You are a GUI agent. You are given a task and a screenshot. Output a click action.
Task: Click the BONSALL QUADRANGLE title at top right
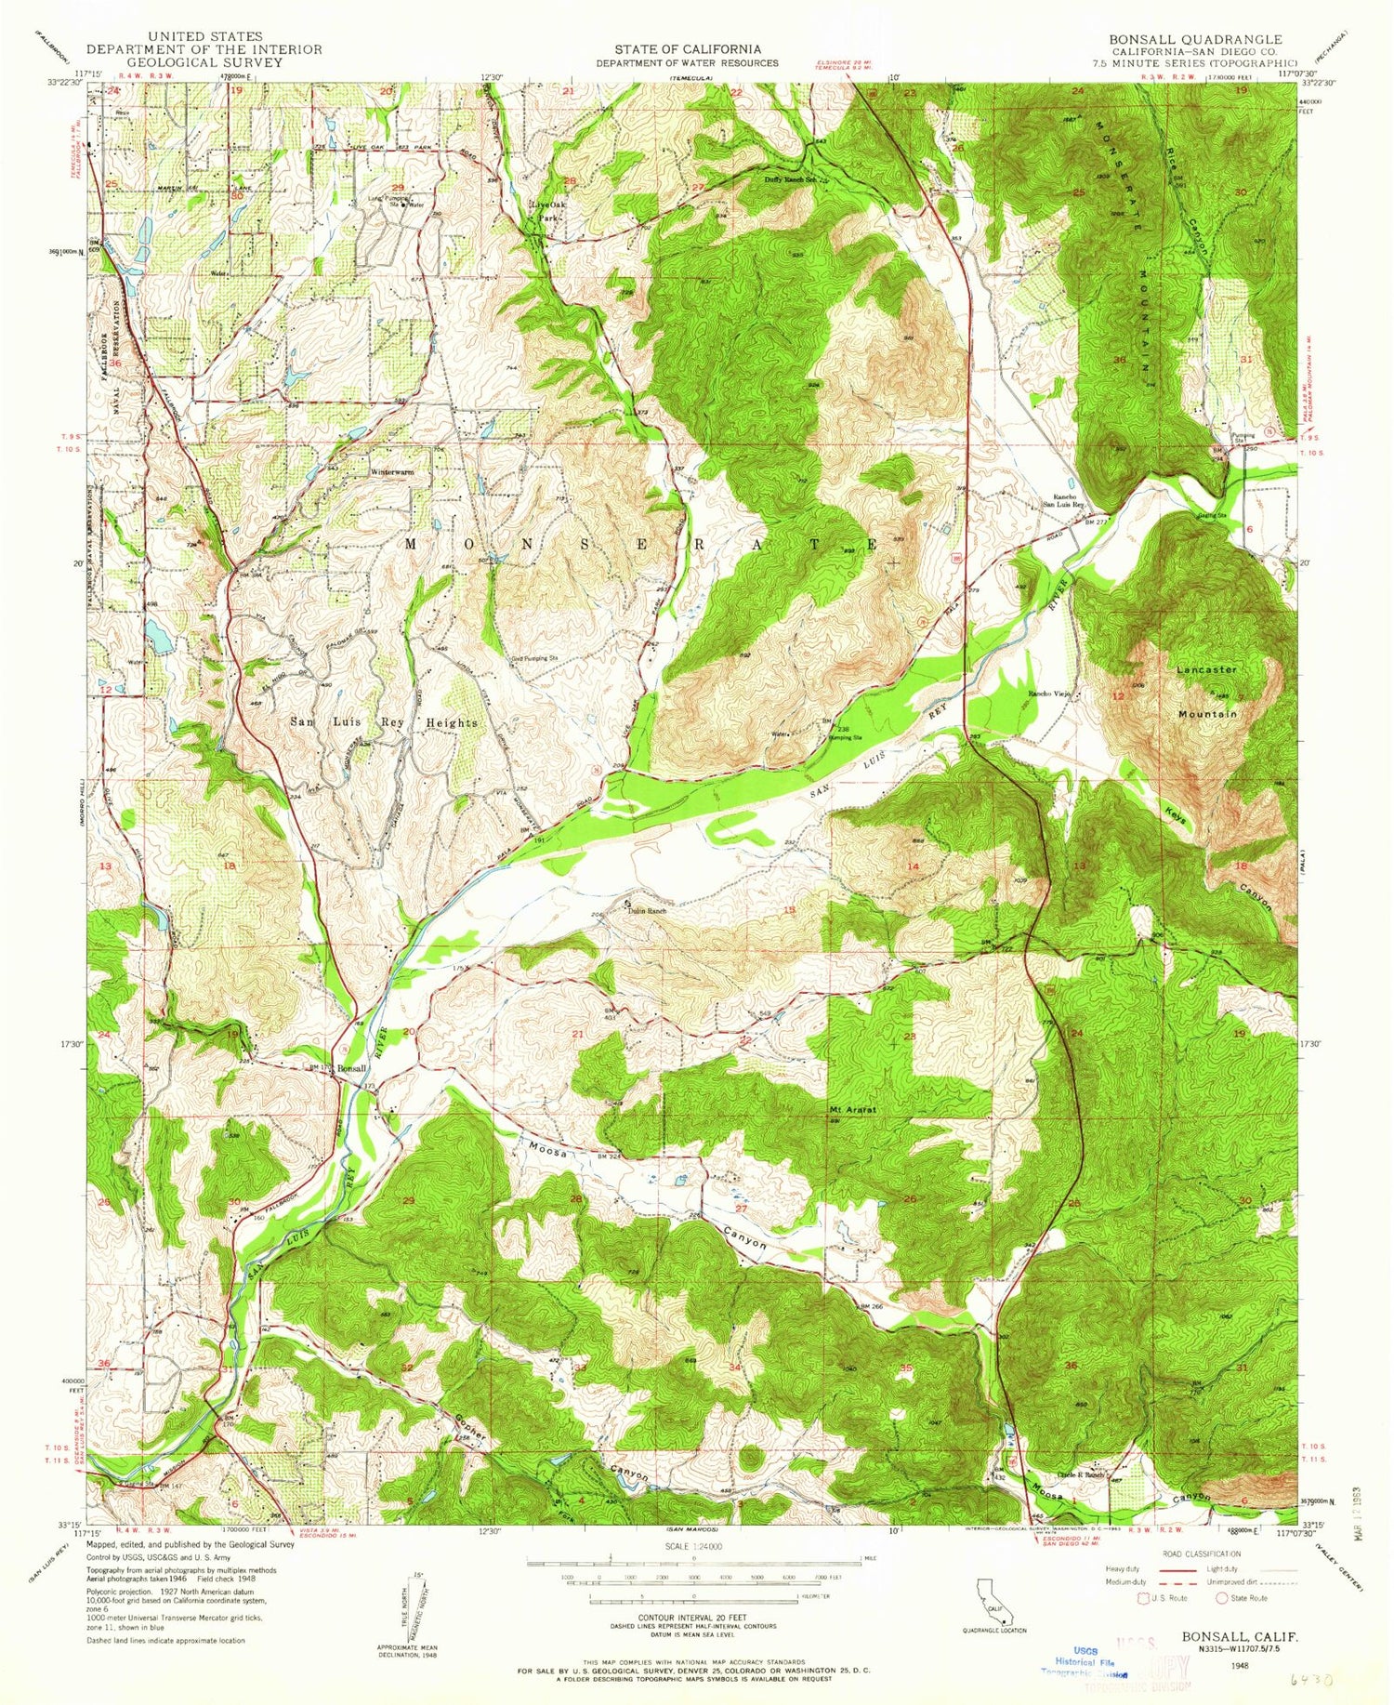tap(1194, 39)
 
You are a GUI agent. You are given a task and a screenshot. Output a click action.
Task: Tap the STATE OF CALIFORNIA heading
tap(687, 49)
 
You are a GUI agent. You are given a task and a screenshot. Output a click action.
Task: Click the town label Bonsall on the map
tap(352, 1068)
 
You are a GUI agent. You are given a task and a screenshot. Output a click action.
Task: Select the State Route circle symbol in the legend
tap(1221, 1598)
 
